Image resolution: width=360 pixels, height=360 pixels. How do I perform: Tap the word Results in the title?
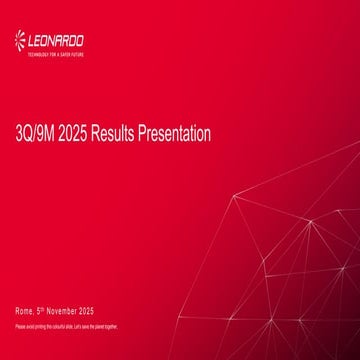pyautogui.click(x=113, y=133)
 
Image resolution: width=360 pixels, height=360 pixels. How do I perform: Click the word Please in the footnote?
pyautogui.click(x=20, y=328)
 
